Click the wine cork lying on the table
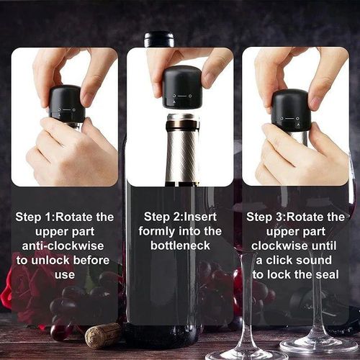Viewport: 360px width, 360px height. point(103,335)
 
